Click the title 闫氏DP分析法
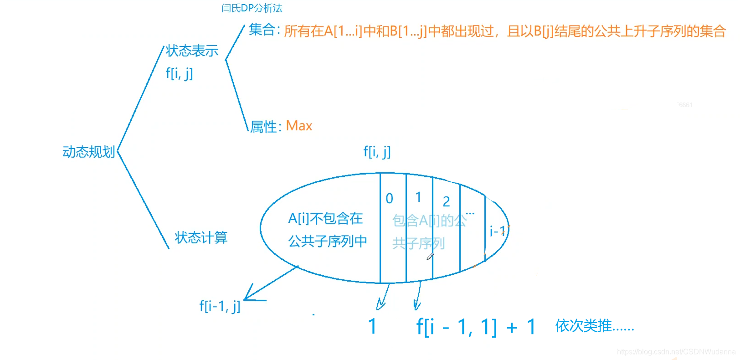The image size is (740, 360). point(252,8)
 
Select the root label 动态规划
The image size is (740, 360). point(88,152)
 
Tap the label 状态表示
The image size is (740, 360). point(192,51)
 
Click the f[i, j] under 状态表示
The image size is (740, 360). point(179,73)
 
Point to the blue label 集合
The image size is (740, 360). point(262,30)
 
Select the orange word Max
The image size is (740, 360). point(299,126)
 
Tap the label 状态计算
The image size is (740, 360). point(201,237)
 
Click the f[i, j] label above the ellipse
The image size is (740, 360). point(377,151)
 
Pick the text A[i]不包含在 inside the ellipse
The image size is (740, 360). point(325,219)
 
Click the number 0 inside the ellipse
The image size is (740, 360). point(389,199)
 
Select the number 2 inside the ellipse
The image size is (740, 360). point(446,201)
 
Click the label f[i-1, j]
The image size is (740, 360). point(220,306)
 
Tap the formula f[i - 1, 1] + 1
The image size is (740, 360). point(476,327)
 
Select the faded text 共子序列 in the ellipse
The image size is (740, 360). point(418,243)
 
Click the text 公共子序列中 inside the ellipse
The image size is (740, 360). point(327,241)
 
